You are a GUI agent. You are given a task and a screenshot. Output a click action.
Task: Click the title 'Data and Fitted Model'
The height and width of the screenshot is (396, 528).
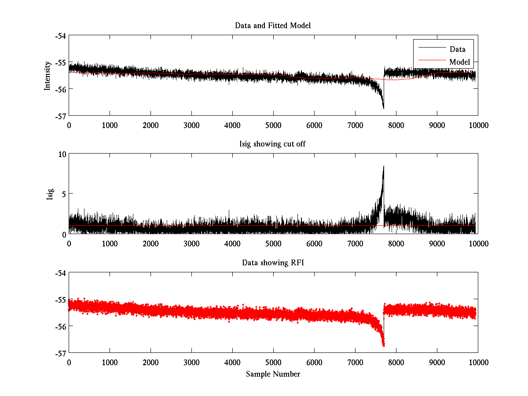pos(273,26)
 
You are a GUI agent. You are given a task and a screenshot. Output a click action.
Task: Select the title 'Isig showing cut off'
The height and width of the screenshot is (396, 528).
pos(273,144)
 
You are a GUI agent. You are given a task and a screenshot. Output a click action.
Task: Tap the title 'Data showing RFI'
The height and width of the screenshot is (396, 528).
pos(273,263)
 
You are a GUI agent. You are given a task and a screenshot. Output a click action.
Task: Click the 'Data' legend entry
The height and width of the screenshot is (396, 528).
pos(457,49)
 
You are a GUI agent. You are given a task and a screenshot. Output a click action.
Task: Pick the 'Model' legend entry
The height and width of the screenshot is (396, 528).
pos(459,62)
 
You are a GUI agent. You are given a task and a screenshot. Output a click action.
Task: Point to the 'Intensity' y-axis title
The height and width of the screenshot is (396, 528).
pos(48,76)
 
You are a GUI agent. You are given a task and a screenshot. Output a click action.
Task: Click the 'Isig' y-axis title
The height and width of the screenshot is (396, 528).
pos(50,194)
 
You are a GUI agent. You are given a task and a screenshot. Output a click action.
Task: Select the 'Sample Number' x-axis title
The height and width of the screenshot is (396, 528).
pos(273,374)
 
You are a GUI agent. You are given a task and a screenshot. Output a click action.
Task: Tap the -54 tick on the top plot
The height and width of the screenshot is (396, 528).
pos(60,36)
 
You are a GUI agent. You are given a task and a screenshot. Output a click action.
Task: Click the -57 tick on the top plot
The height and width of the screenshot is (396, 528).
pos(60,116)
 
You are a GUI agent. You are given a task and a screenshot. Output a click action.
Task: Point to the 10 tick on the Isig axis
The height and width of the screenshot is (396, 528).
pos(61,154)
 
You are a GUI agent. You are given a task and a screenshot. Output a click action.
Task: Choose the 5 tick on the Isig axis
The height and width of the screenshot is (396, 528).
pos(63,194)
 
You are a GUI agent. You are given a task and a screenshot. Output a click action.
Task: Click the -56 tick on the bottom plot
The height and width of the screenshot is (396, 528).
pos(60,326)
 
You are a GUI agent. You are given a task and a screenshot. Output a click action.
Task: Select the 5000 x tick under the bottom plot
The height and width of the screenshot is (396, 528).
pos(273,363)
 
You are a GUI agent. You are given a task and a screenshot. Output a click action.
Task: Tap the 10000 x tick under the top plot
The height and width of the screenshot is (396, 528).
pos(478,125)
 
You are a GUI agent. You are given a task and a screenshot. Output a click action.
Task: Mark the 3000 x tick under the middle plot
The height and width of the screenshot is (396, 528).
pos(191,244)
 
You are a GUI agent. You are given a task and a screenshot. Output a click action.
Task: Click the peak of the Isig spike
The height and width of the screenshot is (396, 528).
pos(384,166)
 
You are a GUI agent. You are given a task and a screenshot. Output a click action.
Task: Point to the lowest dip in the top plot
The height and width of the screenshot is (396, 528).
pos(383,108)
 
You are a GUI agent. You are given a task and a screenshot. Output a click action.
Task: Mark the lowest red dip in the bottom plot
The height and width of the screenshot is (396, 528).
pos(383,346)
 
